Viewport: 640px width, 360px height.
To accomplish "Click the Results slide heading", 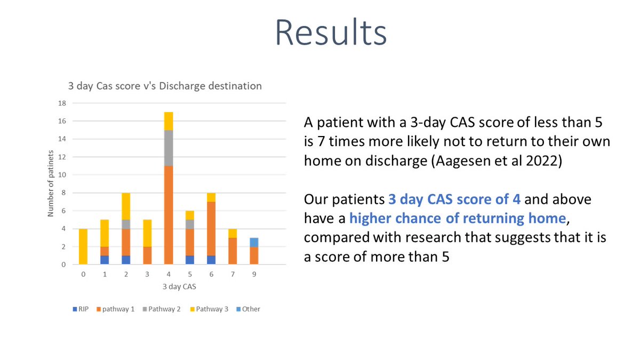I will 331,33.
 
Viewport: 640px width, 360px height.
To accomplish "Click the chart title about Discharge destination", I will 164,85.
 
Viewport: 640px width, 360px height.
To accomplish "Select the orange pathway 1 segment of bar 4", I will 168,215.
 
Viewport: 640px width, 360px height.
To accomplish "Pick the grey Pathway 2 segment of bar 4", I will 168,148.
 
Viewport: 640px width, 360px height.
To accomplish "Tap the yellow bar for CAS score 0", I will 83,246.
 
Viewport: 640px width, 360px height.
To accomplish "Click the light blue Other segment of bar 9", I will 254,242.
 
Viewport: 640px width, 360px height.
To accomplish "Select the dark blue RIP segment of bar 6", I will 211,260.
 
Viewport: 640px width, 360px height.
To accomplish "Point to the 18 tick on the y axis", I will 62,103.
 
